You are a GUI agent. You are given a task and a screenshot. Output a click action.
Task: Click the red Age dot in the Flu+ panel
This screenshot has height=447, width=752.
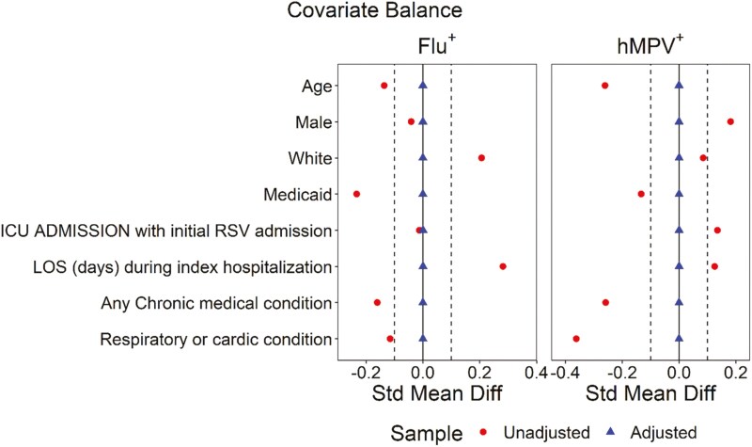[384, 86]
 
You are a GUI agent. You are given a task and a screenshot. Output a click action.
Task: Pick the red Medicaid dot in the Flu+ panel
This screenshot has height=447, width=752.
[356, 194]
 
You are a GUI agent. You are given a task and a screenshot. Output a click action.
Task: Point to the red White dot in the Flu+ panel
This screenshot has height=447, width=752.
[481, 158]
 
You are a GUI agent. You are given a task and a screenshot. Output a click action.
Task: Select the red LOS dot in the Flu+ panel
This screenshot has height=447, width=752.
[503, 266]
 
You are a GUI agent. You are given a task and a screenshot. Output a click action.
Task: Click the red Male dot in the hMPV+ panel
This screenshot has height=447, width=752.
[730, 121]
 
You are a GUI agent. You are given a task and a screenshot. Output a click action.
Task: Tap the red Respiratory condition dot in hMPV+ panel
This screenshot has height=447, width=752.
[576, 339]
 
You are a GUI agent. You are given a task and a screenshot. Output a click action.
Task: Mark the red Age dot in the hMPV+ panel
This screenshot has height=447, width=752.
[604, 86]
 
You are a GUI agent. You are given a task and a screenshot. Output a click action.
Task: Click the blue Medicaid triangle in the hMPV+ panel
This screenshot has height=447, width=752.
[679, 194]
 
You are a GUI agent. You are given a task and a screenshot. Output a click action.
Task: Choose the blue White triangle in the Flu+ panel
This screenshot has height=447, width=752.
[423, 158]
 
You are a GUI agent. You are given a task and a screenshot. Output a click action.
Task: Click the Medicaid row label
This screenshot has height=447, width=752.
[299, 195]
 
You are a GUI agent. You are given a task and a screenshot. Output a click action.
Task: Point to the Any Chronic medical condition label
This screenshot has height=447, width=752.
[217, 303]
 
